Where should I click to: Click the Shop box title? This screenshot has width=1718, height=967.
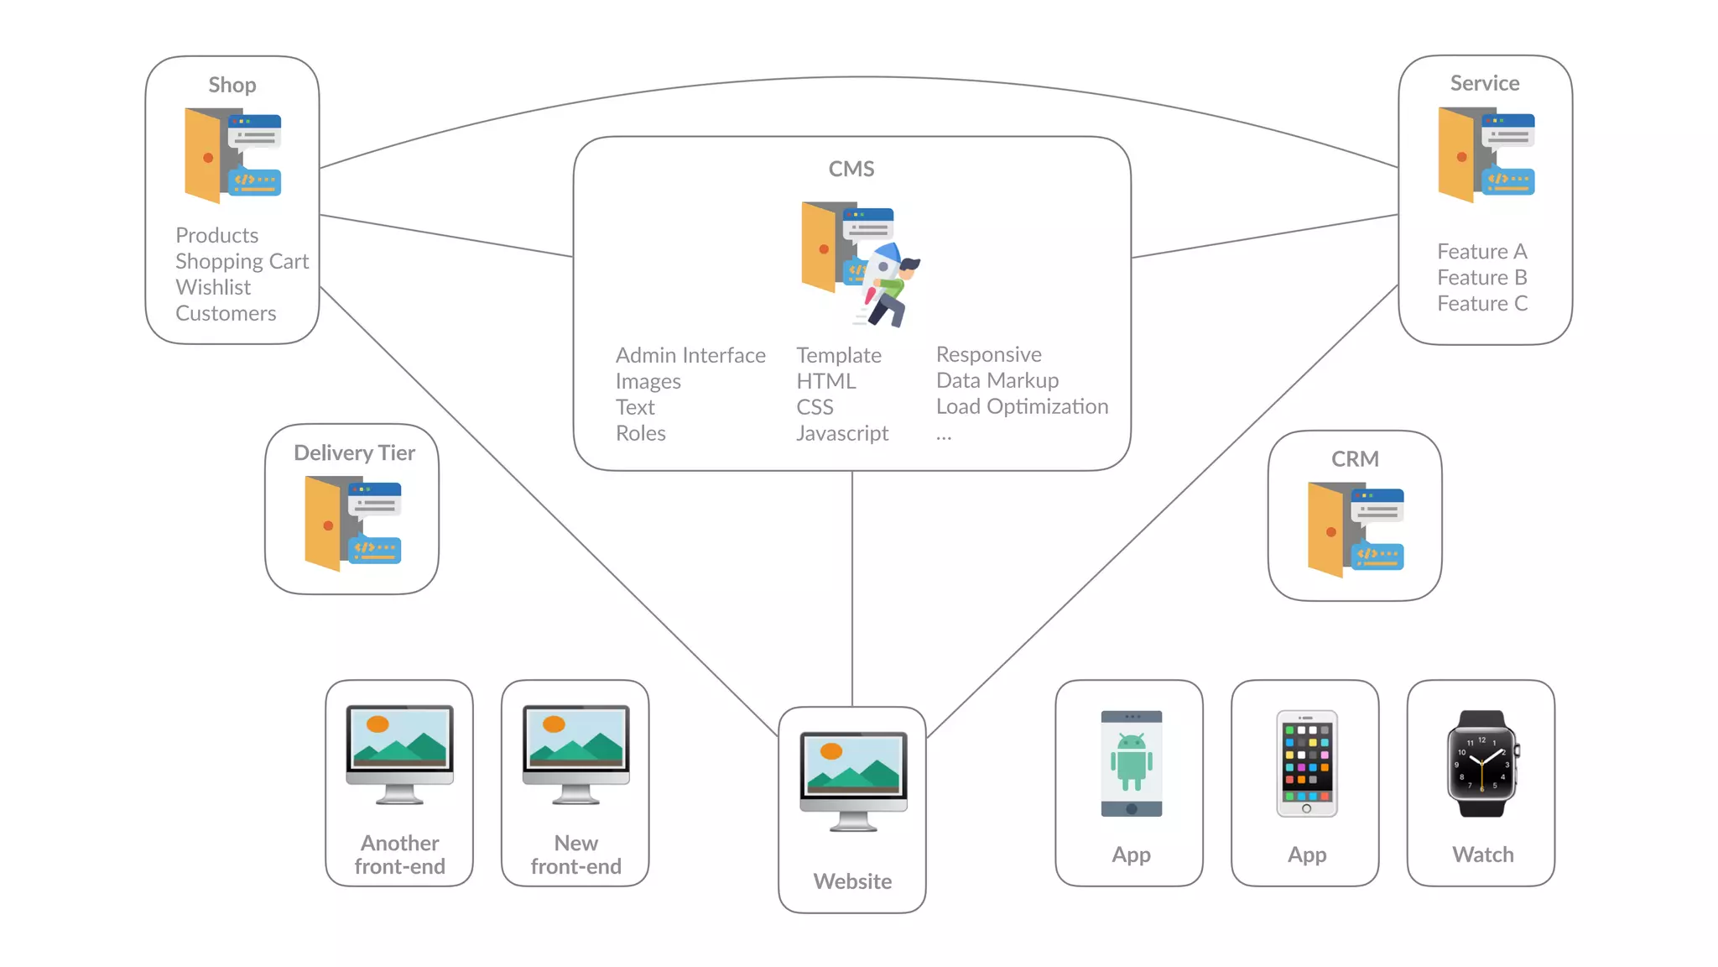232,85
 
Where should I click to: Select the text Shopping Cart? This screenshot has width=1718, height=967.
242,261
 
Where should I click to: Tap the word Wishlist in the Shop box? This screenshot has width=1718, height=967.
213,287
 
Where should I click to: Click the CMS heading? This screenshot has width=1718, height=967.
851,169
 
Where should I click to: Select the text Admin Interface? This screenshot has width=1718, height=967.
690,355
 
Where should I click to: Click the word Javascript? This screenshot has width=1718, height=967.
841,433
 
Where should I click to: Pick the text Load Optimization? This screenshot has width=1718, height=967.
1021,406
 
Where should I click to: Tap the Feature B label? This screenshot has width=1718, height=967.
1481,277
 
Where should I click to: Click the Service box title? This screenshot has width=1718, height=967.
1484,83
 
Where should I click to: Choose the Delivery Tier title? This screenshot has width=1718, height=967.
354,452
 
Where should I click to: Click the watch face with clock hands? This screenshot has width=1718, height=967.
1481,764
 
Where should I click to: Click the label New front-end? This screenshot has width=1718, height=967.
575,855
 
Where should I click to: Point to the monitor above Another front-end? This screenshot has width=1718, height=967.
399,752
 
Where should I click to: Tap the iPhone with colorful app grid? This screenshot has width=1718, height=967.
1306,762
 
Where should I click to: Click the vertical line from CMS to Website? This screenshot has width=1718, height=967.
852,588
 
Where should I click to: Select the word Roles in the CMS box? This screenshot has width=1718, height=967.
640,433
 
